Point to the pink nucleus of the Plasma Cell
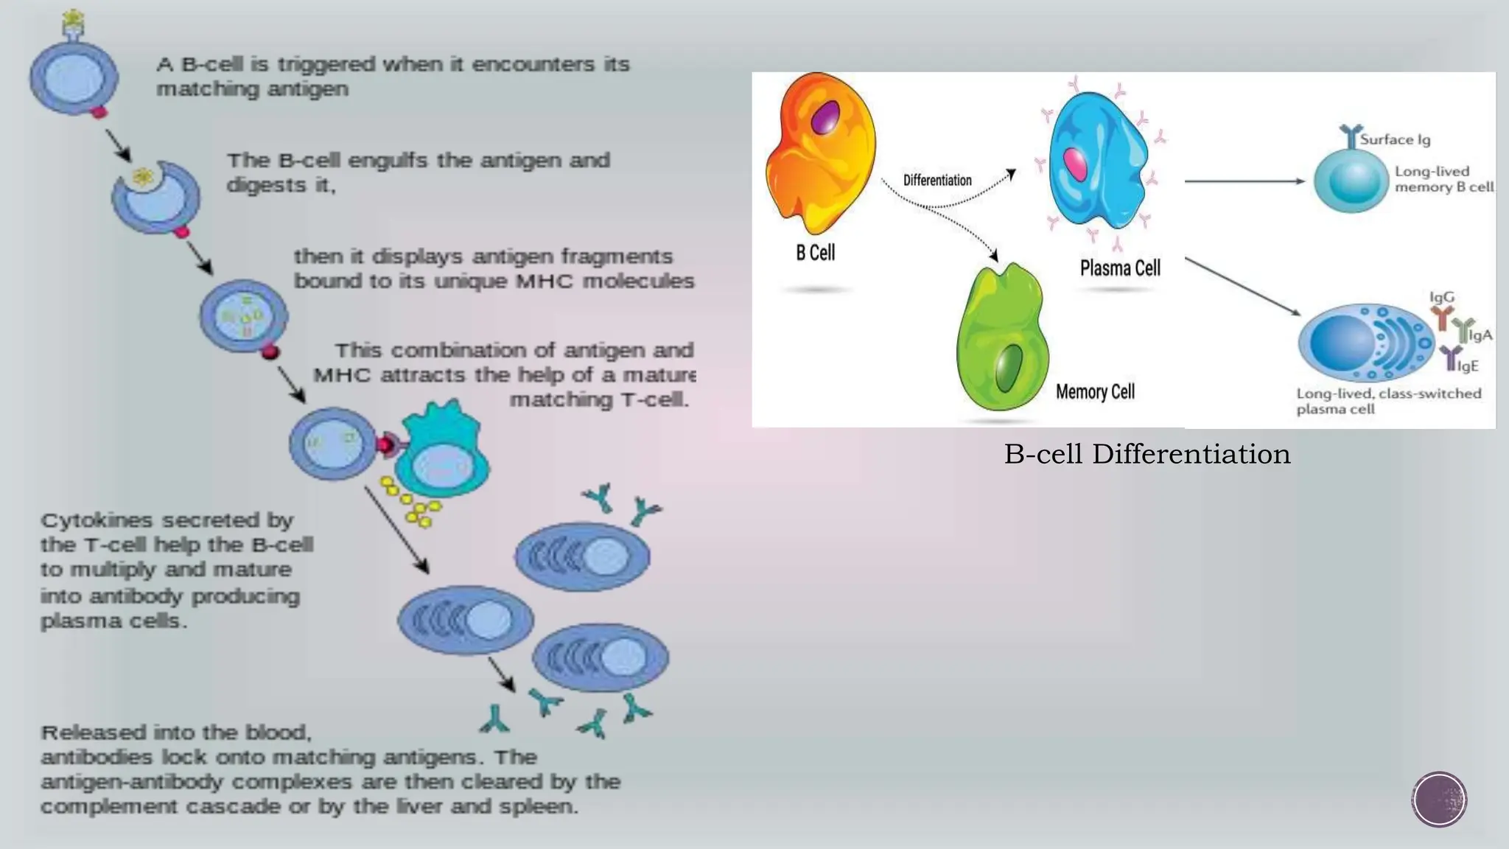pos(1076,164)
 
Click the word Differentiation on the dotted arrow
pos(937,181)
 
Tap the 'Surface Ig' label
pos(1395,139)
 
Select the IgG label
pos(1442,297)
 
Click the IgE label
pos(1467,366)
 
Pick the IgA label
pos(1480,335)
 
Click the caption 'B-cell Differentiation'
pos(1147,454)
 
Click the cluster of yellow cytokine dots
pos(410,501)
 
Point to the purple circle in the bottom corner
pos(1439,800)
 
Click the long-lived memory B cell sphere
pos(1351,181)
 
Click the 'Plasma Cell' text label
pos(1120,268)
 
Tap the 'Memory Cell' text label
pos(1095,392)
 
